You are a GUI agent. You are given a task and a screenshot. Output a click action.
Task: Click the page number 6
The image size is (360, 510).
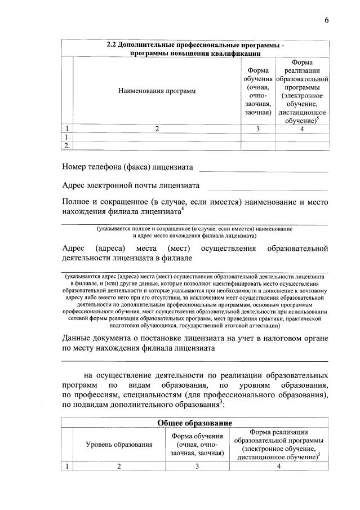click(x=326, y=21)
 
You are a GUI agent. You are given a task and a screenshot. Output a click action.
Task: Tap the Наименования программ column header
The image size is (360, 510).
click(x=157, y=91)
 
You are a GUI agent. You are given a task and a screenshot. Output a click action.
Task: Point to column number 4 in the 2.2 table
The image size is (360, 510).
click(x=302, y=129)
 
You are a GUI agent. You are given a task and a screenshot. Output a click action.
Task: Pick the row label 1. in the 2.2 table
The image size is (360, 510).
click(x=68, y=137)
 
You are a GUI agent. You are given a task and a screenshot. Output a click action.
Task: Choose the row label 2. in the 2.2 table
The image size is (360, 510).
click(x=68, y=146)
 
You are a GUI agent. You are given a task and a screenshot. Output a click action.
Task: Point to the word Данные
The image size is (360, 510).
click(x=78, y=338)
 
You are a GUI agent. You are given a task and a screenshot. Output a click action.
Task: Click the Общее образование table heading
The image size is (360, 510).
click(x=195, y=423)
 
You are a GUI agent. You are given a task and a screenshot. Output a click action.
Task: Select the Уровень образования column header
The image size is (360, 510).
click(x=119, y=445)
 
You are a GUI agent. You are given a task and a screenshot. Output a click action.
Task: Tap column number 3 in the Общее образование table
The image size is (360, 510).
click(x=195, y=466)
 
